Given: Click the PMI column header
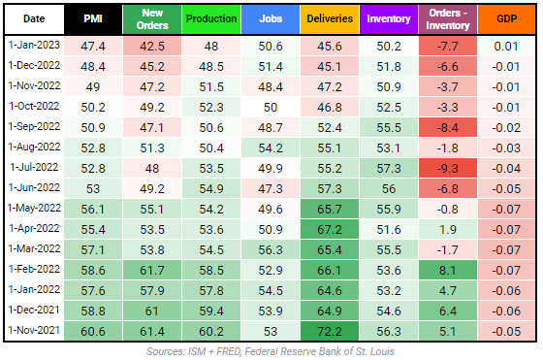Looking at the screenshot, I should coord(93,18).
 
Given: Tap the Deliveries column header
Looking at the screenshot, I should coord(328,18).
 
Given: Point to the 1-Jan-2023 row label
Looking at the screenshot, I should coord(35,45).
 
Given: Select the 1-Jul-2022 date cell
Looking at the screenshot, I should coord(35,167).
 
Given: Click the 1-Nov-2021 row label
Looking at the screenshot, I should coord(35,330).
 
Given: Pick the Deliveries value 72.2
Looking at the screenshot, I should coord(328,330).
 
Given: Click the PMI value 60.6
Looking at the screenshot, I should coord(93,330).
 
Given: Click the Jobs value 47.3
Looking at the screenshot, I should coord(270,187).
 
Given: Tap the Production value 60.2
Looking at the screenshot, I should coord(210,330).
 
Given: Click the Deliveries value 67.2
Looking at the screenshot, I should coord(328,228).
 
